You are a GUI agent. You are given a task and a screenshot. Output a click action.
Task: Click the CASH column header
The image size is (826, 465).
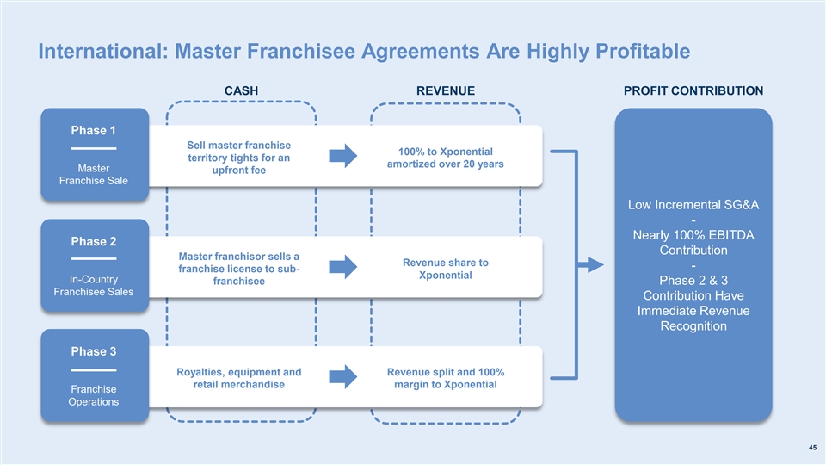[x=241, y=90]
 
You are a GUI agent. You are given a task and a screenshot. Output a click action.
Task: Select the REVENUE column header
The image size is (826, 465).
[x=446, y=90]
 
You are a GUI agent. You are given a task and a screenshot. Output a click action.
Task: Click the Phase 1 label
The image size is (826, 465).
[x=94, y=131]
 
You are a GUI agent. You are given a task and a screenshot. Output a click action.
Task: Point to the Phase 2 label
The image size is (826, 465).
[x=94, y=240]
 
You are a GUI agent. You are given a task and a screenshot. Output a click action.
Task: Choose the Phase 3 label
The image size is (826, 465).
[x=94, y=351]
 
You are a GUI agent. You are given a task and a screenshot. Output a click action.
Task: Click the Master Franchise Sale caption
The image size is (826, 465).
[x=94, y=174]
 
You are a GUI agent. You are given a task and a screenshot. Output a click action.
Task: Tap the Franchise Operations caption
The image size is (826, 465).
[x=94, y=396]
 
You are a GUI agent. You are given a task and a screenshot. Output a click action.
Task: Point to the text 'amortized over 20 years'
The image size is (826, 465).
[x=445, y=164]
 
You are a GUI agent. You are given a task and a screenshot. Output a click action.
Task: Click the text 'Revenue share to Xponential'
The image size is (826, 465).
[x=445, y=269]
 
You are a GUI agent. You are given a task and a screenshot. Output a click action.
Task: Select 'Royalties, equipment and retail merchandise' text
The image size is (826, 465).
[x=239, y=378]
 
